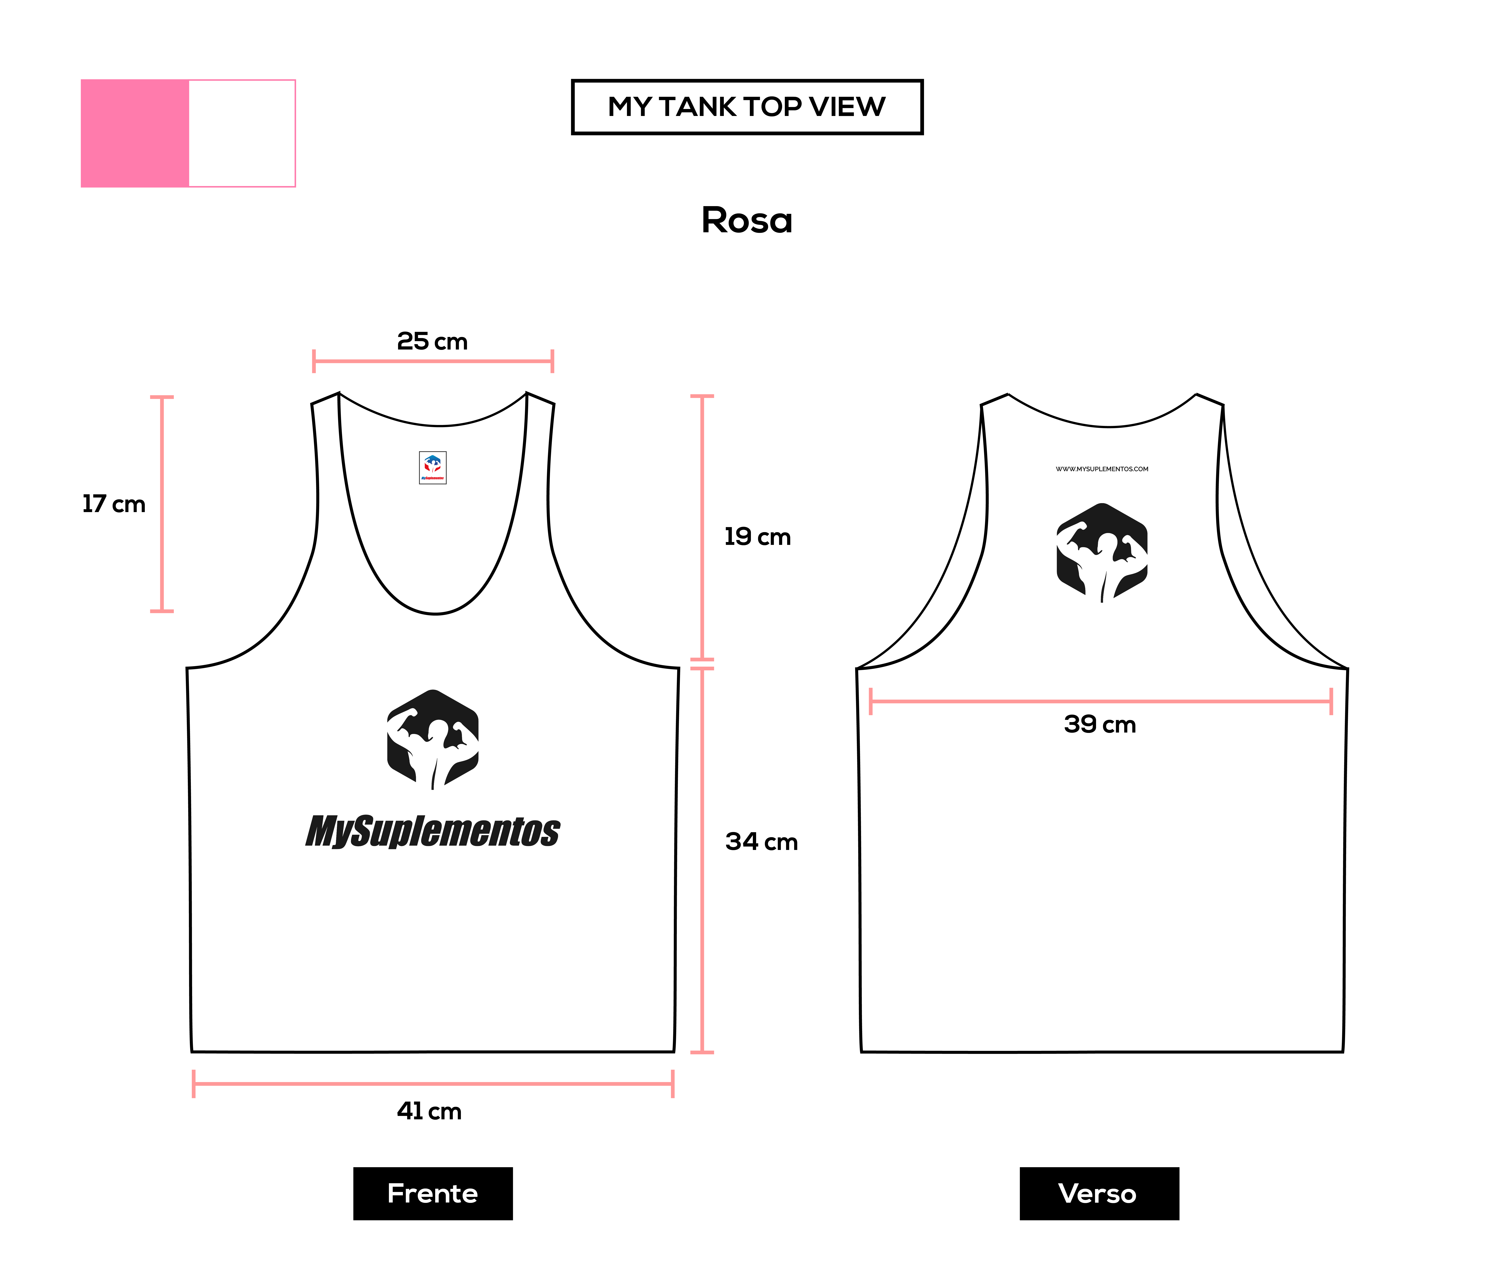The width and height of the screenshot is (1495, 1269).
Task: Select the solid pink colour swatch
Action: [135, 133]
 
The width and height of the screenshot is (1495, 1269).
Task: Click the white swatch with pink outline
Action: [242, 133]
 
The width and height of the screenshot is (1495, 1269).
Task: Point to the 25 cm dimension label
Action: [432, 341]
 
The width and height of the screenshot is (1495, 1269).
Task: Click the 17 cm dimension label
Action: [114, 504]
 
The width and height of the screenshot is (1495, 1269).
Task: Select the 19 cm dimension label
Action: [757, 537]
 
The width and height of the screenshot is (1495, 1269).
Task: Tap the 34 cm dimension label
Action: [761, 842]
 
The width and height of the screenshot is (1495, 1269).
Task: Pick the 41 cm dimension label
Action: [429, 1111]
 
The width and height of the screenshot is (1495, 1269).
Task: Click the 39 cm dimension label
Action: [1100, 724]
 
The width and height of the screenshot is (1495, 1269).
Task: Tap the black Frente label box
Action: [433, 1194]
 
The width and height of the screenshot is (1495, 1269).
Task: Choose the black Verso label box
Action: [1099, 1194]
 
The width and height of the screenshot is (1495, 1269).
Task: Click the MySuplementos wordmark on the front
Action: [433, 832]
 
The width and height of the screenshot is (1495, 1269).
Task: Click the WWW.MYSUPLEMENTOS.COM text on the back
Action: [1102, 469]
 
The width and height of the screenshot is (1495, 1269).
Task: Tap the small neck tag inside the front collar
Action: [433, 468]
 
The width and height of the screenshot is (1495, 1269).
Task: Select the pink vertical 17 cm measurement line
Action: [162, 504]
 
